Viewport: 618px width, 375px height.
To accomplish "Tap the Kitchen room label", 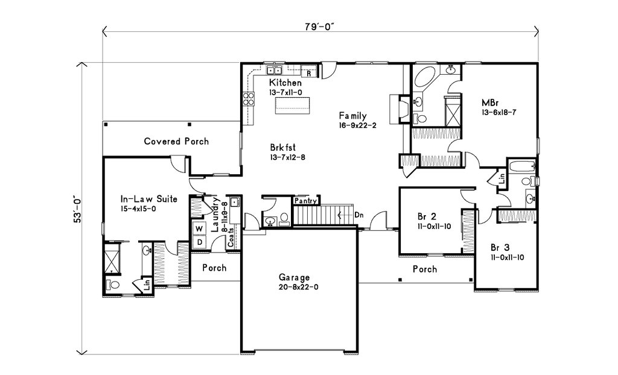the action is point(285,83).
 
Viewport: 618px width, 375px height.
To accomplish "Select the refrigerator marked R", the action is point(309,74).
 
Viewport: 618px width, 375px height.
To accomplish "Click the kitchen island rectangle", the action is point(291,105).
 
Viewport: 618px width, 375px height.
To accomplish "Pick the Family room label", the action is point(352,116).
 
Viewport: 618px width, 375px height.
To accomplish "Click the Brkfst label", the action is point(282,148).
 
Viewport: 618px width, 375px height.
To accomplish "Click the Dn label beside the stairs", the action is point(358,215).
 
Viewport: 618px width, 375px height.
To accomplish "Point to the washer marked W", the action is point(199,229).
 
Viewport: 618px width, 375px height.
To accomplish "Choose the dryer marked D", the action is point(199,242).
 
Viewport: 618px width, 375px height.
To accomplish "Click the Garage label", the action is point(294,277).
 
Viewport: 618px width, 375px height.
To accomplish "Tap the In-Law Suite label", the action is point(148,199).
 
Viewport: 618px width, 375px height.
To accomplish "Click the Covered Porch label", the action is point(176,141).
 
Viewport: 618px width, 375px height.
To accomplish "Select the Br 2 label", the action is point(427,216).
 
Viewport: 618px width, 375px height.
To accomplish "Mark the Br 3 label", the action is point(500,247).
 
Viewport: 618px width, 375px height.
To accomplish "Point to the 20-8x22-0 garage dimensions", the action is point(298,287).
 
